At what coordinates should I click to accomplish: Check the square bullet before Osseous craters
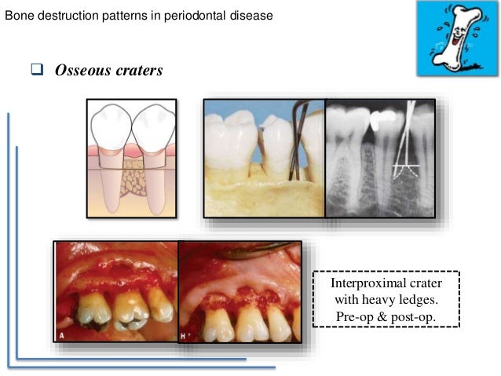[x=36, y=70]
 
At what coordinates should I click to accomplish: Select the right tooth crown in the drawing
[x=155, y=126]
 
